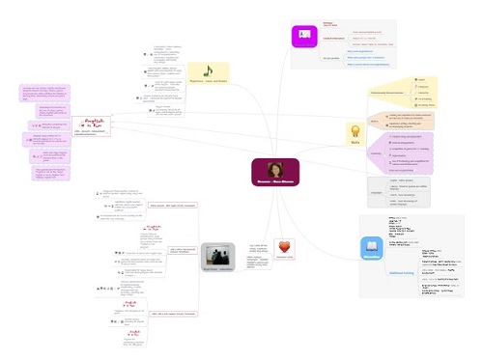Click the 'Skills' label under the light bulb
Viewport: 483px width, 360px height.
pos(382,149)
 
